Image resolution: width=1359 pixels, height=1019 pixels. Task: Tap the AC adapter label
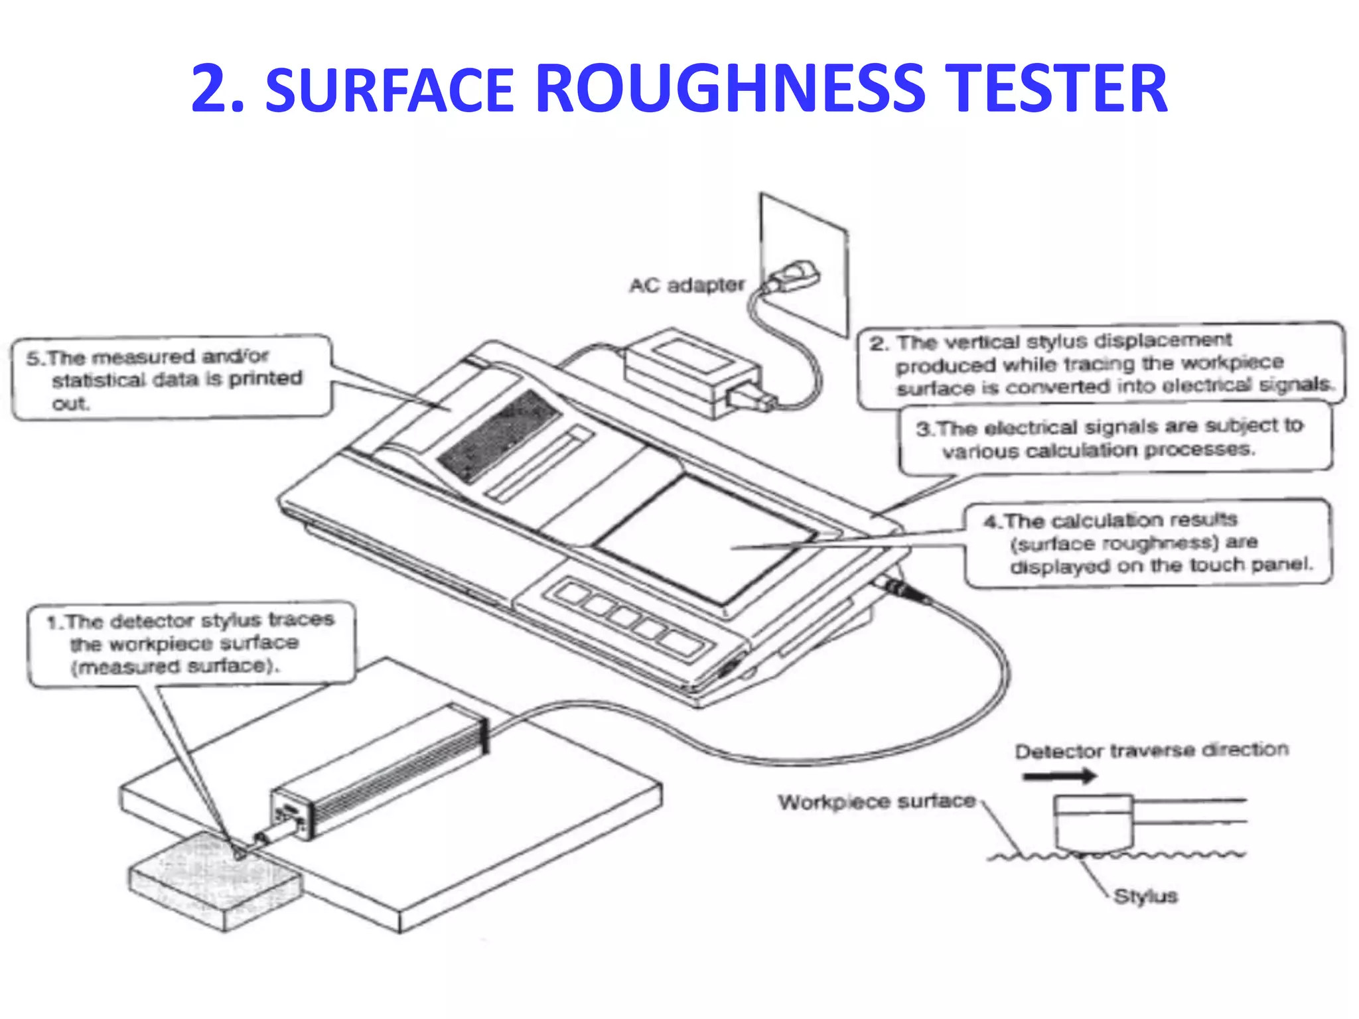[687, 285]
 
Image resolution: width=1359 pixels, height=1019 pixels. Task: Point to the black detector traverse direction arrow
[1059, 776]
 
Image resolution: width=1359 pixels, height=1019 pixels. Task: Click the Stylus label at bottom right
[1145, 896]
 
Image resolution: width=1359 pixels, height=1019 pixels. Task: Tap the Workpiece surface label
[877, 801]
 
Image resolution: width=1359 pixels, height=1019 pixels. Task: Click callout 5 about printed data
[171, 378]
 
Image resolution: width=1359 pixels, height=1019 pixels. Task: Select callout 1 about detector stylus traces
[191, 643]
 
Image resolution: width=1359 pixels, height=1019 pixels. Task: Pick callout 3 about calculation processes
[1115, 439]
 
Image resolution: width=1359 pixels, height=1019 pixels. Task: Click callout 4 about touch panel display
[1147, 543]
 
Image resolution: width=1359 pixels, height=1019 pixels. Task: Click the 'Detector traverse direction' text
[1151, 750]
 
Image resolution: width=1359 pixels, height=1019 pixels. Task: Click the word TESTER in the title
[1054, 88]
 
